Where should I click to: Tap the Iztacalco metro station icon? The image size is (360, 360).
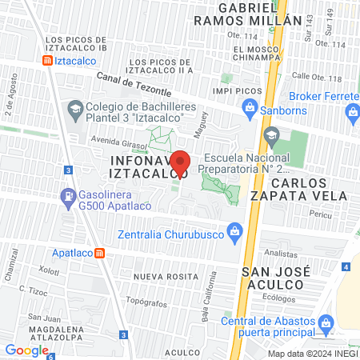48,60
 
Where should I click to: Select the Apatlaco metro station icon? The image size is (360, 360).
100,254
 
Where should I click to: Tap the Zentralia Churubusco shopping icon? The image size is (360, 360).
234,234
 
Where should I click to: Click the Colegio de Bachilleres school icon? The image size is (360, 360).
74,108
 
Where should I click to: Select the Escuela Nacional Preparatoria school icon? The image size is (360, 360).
271,135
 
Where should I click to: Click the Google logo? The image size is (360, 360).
26,350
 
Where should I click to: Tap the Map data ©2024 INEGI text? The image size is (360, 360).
311,353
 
